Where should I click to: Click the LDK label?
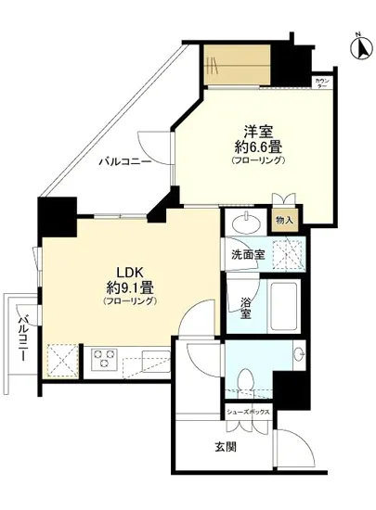tap(129, 272)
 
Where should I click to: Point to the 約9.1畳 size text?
tap(129, 287)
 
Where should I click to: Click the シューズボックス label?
tap(247, 408)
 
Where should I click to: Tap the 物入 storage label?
tap(284, 221)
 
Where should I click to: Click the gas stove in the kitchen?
tap(100, 357)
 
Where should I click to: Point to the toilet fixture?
tap(246, 379)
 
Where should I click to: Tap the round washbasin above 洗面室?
tap(247, 224)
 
